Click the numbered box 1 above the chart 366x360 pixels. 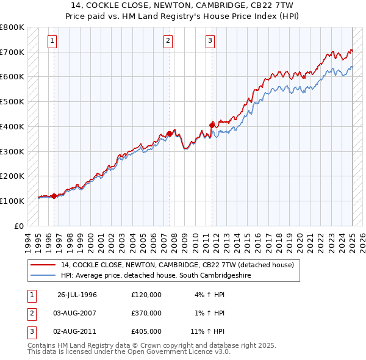[52, 41]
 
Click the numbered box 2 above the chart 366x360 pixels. [168, 41]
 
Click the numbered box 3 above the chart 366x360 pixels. [210, 41]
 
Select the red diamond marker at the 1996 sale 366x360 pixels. [54, 196]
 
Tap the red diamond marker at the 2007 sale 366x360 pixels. [169, 134]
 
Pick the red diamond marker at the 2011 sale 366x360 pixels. [212, 125]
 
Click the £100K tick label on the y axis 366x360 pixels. [13, 201]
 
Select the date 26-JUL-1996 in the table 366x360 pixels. [77, 295]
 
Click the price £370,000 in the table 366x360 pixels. [146, 313]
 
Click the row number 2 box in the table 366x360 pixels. [31, 313]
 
